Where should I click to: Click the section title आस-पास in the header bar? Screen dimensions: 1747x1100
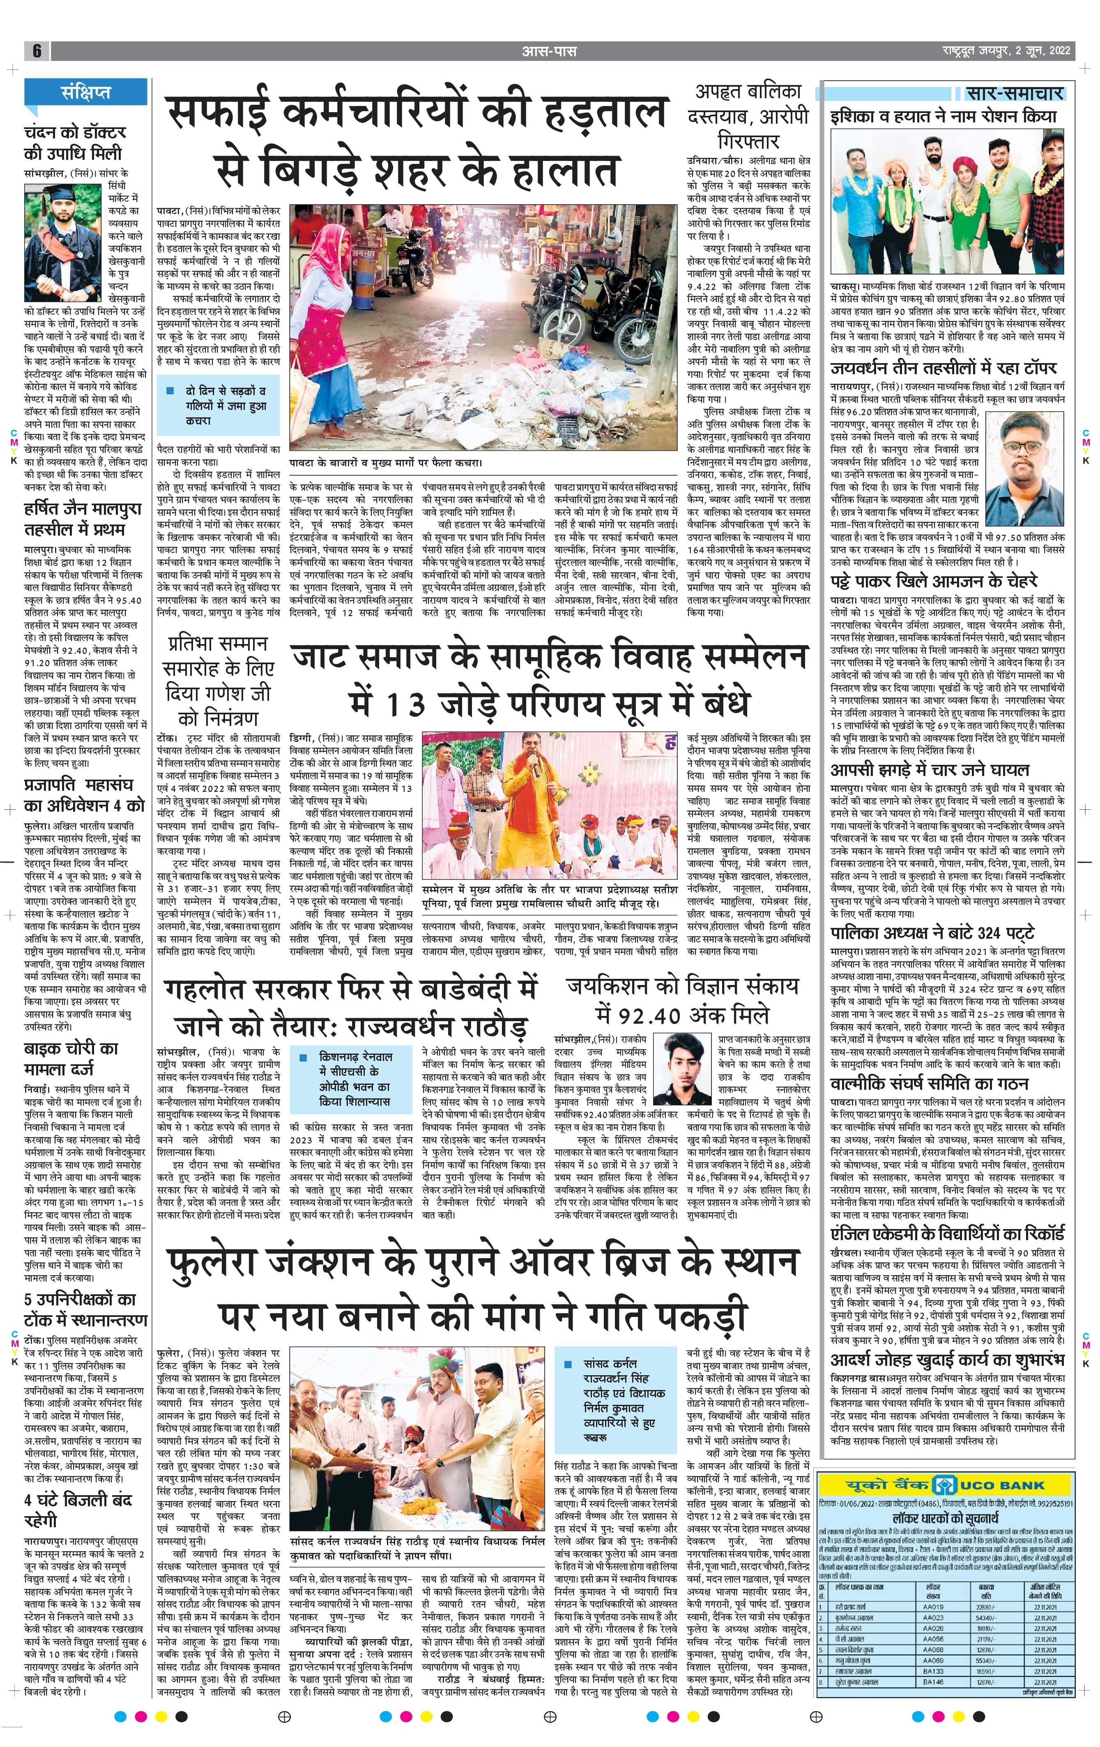click(549, 51)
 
